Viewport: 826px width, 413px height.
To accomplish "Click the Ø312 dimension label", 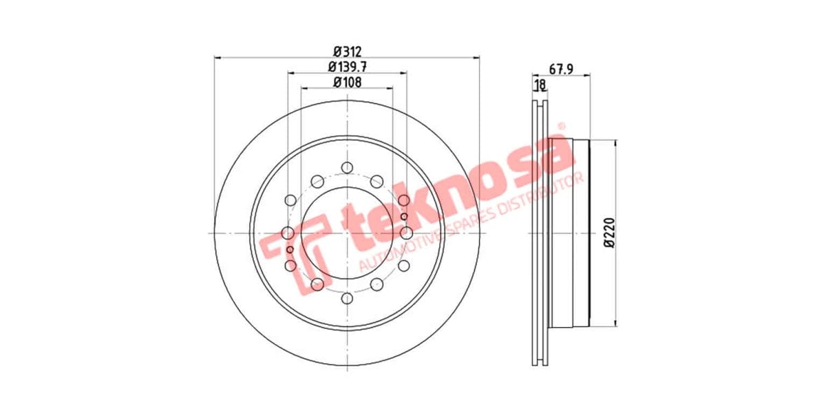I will [x=348, y=52].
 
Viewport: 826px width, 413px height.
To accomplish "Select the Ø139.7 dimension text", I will [x=348, y=67].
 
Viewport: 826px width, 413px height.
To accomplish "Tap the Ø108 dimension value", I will [x=348, y=82].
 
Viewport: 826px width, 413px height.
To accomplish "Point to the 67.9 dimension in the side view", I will [x=562, y=68].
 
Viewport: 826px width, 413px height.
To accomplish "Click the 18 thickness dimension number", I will [x=540, y=85].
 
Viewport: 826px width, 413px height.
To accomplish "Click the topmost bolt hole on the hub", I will [x=347, y=167].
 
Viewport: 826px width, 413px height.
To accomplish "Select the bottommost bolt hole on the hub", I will [x=347, y=298].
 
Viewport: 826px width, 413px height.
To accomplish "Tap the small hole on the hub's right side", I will [x=404, y=217].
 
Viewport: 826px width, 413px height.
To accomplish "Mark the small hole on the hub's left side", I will [x=290, y=248].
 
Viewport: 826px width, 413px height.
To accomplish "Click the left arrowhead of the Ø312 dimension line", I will [x=218, y=58].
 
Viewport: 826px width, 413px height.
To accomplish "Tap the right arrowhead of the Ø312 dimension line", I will [x=476, y=58].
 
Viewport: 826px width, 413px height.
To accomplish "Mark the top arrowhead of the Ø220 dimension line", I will [x=614, y=144].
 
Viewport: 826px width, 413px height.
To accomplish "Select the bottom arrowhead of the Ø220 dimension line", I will [x=614, y=322].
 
